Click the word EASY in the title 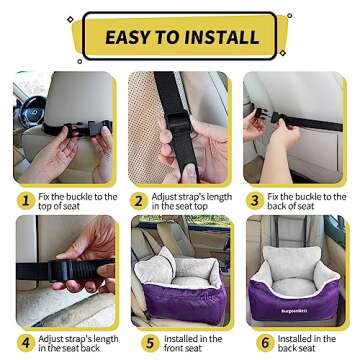point(133,36)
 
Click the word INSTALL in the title point(227,36)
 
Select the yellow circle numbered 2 point(141,199)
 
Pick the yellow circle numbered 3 point(256,199)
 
